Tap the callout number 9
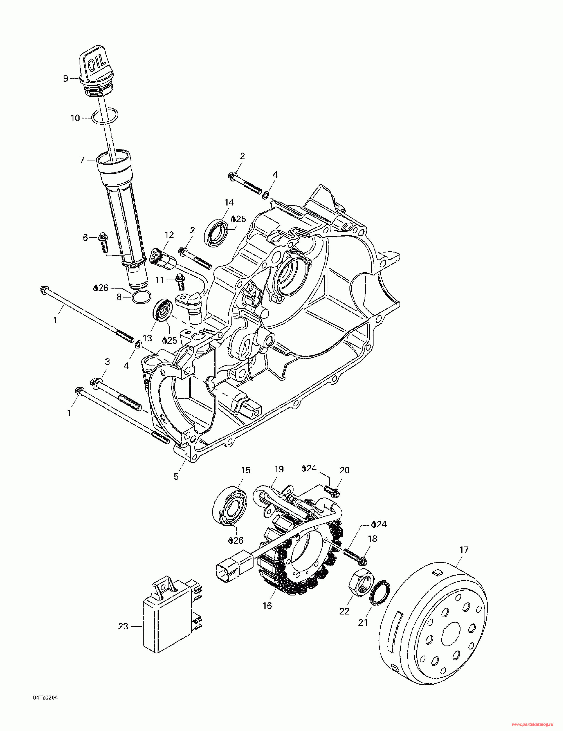[66, 79]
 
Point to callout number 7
[82, 160]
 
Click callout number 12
[169, 235]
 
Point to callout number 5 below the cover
[176, 476]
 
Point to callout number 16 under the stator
[267, 606]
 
